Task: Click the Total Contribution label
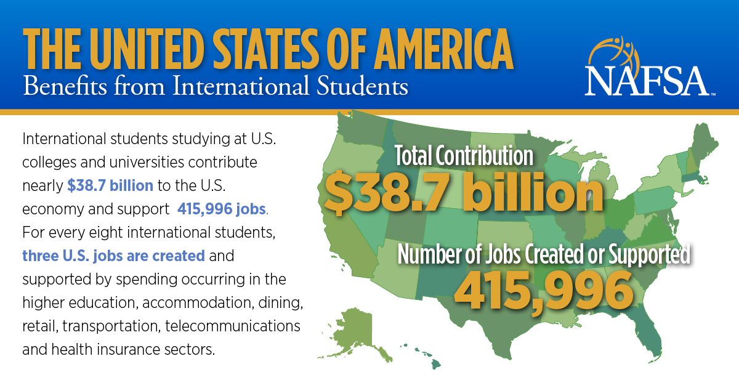(464, 156)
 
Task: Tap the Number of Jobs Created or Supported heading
(544, 254)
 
